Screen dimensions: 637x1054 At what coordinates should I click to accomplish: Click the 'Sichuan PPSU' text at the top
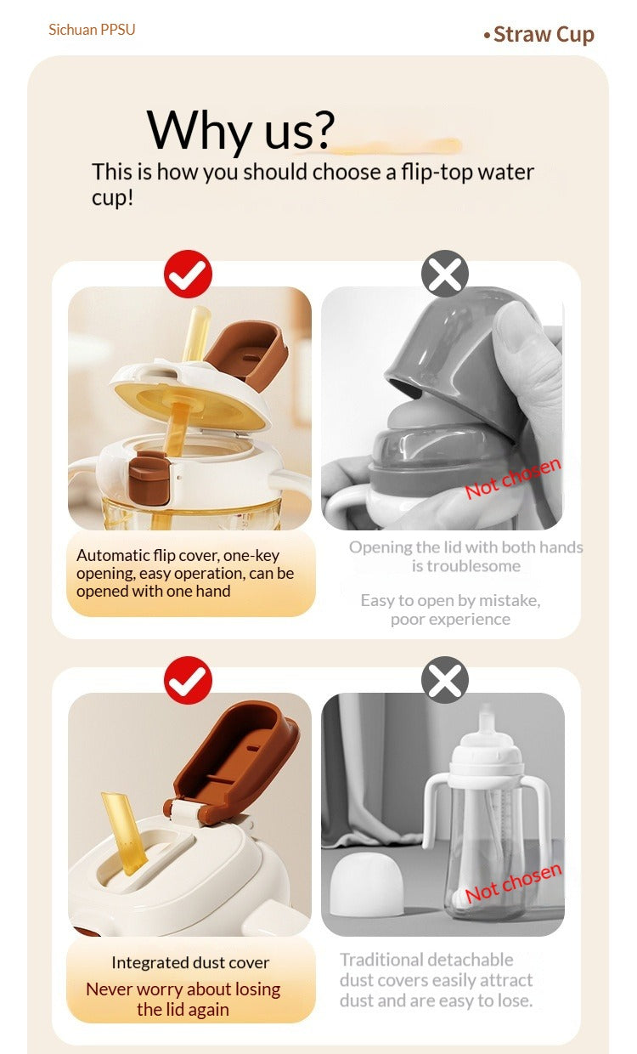[92, 30]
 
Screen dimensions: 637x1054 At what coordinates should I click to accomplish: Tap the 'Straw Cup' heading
[544, 34]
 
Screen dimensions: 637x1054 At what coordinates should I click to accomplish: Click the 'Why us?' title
[240, 129]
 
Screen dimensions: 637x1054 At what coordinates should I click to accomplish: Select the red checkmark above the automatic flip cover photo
[188, 274]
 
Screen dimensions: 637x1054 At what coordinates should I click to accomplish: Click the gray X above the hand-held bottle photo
[445, 274]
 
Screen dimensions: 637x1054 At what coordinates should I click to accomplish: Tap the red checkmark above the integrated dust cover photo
[188, 680]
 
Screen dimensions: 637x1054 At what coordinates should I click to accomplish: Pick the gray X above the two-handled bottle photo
[445, 680]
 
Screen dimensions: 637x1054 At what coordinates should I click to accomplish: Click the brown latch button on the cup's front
[149, 477]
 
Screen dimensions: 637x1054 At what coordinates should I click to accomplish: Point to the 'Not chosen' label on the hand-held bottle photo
[513, 478]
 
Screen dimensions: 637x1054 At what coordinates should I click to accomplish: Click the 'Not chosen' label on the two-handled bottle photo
[513, 883]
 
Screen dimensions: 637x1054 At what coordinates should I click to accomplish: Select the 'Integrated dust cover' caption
[190, 963]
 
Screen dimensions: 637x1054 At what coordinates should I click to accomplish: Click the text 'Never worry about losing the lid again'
[183, 1000]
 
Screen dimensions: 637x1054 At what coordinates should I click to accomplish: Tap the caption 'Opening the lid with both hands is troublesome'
[466, 556]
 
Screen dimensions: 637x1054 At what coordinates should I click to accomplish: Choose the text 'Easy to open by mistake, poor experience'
[450, 609]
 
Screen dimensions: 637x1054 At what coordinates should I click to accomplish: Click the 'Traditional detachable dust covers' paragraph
[437, 980]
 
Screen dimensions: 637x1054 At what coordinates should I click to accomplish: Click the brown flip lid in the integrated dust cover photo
[233, 762]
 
